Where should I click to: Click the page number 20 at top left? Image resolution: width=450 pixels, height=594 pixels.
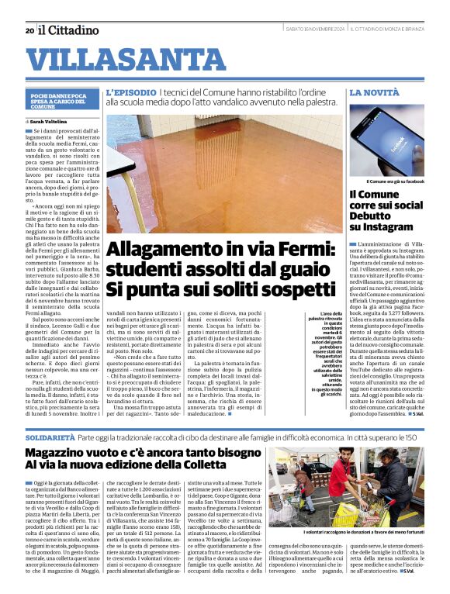tap(29, 31)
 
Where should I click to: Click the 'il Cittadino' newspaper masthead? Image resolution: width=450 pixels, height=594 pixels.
tap(69, 30)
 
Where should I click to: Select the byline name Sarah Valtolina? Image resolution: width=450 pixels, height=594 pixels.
tap(47, 122)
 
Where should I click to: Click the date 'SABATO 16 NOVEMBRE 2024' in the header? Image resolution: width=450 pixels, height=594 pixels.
tap(315, 29)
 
